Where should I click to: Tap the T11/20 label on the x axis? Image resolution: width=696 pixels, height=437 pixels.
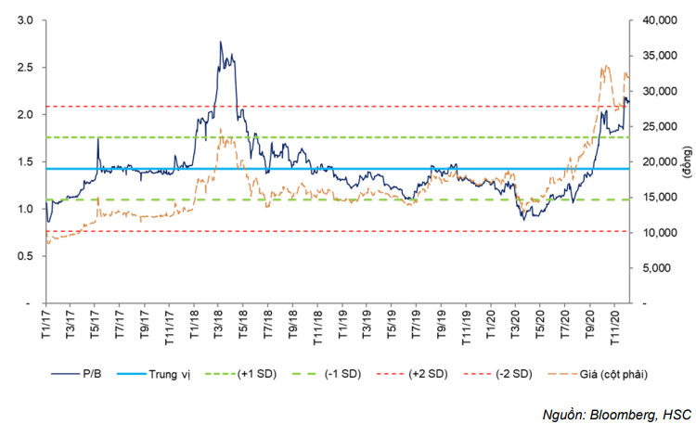click(612, 329)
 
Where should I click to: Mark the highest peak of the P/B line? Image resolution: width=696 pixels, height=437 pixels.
click(220, 42)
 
